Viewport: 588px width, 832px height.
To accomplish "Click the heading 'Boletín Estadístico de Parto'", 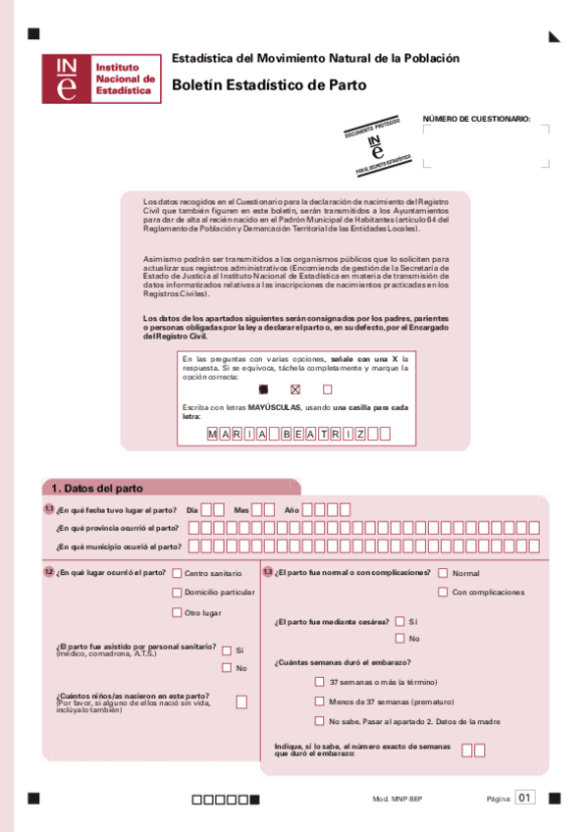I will [x=268, y=85].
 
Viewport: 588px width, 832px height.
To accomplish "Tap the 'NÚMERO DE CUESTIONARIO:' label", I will [x=476, y=119].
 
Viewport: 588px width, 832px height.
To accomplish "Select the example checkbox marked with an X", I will [x=294, y=389].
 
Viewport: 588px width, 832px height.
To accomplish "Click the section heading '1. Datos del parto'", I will [x=97, y=488].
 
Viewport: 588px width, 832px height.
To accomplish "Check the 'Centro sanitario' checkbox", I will [x=177, y=573].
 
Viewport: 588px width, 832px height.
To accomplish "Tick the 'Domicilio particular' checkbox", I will [x=177, y=593].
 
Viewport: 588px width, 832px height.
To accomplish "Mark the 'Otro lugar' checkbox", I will [x=177, y=612].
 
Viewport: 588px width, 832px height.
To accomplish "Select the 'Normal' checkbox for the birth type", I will [x=444, y=573].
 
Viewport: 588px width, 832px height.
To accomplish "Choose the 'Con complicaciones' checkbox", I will [x=444, y=592].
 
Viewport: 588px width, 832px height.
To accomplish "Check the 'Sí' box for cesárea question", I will [x=400, y=621].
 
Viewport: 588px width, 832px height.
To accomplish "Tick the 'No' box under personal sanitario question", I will [x=227, y=668].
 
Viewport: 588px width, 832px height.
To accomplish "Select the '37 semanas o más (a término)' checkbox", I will [x=319, y=682].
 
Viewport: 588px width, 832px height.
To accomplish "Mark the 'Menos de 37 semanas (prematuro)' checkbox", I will [x=319, y=702].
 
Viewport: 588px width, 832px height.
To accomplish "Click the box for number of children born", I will [x=241, y=702].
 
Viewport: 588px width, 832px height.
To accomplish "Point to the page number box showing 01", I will [x=526, y=798].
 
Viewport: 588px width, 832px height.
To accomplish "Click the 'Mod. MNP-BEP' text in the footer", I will [x=397, y=800].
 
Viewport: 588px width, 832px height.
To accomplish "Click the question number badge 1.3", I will [x=267, y=572].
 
